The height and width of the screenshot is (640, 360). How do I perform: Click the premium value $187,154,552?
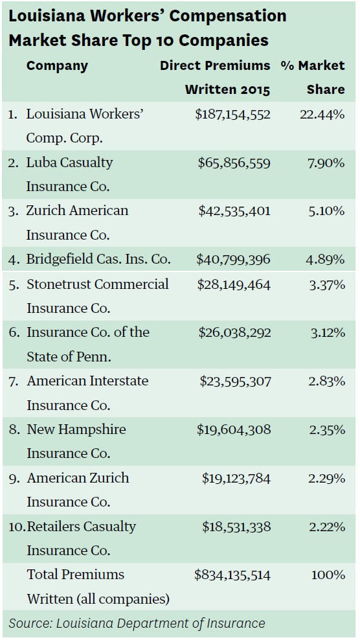[232, 115]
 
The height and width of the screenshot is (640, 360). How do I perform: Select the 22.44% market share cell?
[322, 115]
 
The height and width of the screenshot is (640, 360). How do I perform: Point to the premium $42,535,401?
[234, 211]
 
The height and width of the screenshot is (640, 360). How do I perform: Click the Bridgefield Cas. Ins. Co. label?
[98, 260]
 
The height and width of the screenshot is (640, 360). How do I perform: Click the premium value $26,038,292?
[234, 333]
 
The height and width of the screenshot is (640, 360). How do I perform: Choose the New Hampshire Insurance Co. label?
[76, 441]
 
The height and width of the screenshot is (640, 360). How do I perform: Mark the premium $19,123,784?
[236, 479]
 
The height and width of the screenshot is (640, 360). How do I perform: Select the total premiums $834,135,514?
[232, 575]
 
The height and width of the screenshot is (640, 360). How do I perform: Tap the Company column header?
[57, 66]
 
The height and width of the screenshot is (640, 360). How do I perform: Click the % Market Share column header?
[313, 78]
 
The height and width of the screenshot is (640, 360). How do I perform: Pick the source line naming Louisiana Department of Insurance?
[137, 624]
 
